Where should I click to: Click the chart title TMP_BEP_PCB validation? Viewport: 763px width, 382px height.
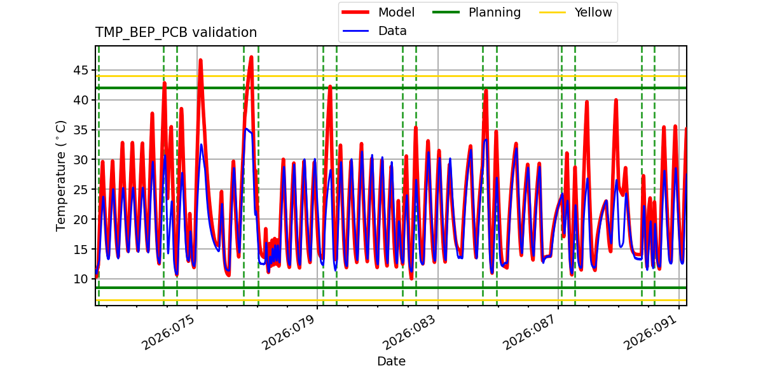pos(176,32)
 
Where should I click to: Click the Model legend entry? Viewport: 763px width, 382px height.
pos(396,13)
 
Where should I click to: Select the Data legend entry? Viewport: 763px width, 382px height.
pos(392,31)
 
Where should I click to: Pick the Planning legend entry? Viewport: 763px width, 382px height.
pos(494,13)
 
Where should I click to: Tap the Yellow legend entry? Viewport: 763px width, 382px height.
pos(593,13)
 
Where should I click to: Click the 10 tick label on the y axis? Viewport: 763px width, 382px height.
pos(80,279)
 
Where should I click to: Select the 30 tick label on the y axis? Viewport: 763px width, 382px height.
pos(80,160)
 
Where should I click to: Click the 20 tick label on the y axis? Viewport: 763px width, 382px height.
pos(80,219)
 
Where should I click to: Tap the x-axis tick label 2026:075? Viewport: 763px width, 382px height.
pos(169,332)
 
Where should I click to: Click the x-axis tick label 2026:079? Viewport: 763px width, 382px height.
pos(290,332)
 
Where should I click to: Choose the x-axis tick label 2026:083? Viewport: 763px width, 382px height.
pos(410,332)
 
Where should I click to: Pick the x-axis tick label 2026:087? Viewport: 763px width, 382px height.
pos(531,332)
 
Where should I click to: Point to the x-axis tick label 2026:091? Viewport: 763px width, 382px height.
pos(651,332)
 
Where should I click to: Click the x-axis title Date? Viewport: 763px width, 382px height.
pos(391,362)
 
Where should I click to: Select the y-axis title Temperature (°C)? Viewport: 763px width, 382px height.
pos(61,175)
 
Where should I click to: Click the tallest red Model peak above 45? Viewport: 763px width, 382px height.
pos(251,57)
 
